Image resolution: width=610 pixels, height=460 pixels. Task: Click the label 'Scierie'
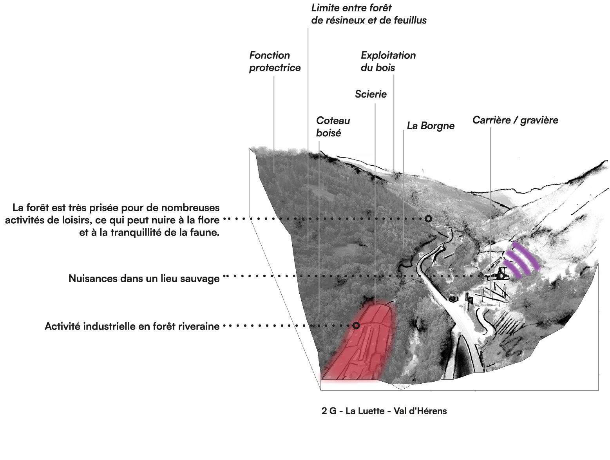pos(371,94)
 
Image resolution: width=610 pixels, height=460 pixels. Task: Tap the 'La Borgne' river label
pos(431,126)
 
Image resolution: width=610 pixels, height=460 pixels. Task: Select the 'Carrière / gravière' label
pos(515,120)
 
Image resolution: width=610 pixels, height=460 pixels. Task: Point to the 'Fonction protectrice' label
pos(275,62)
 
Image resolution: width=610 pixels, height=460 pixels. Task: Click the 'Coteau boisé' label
pos(333,127)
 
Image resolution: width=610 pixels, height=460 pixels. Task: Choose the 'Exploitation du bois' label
pos(388,62)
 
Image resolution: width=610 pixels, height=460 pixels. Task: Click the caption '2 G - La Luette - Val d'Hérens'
pos(384,411)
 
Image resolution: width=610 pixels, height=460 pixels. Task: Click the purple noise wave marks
pos(521,260)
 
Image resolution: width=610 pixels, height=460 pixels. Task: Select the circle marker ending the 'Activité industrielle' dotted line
pos(356,326)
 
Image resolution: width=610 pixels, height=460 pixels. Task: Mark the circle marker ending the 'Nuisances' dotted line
pos(501,276)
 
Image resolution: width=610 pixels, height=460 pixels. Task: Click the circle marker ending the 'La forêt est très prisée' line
pos(428,219)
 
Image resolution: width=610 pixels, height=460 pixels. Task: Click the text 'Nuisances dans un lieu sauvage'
pos(144,278)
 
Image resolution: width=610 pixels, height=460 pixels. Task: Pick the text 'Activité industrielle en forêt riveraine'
pos(132,326)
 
